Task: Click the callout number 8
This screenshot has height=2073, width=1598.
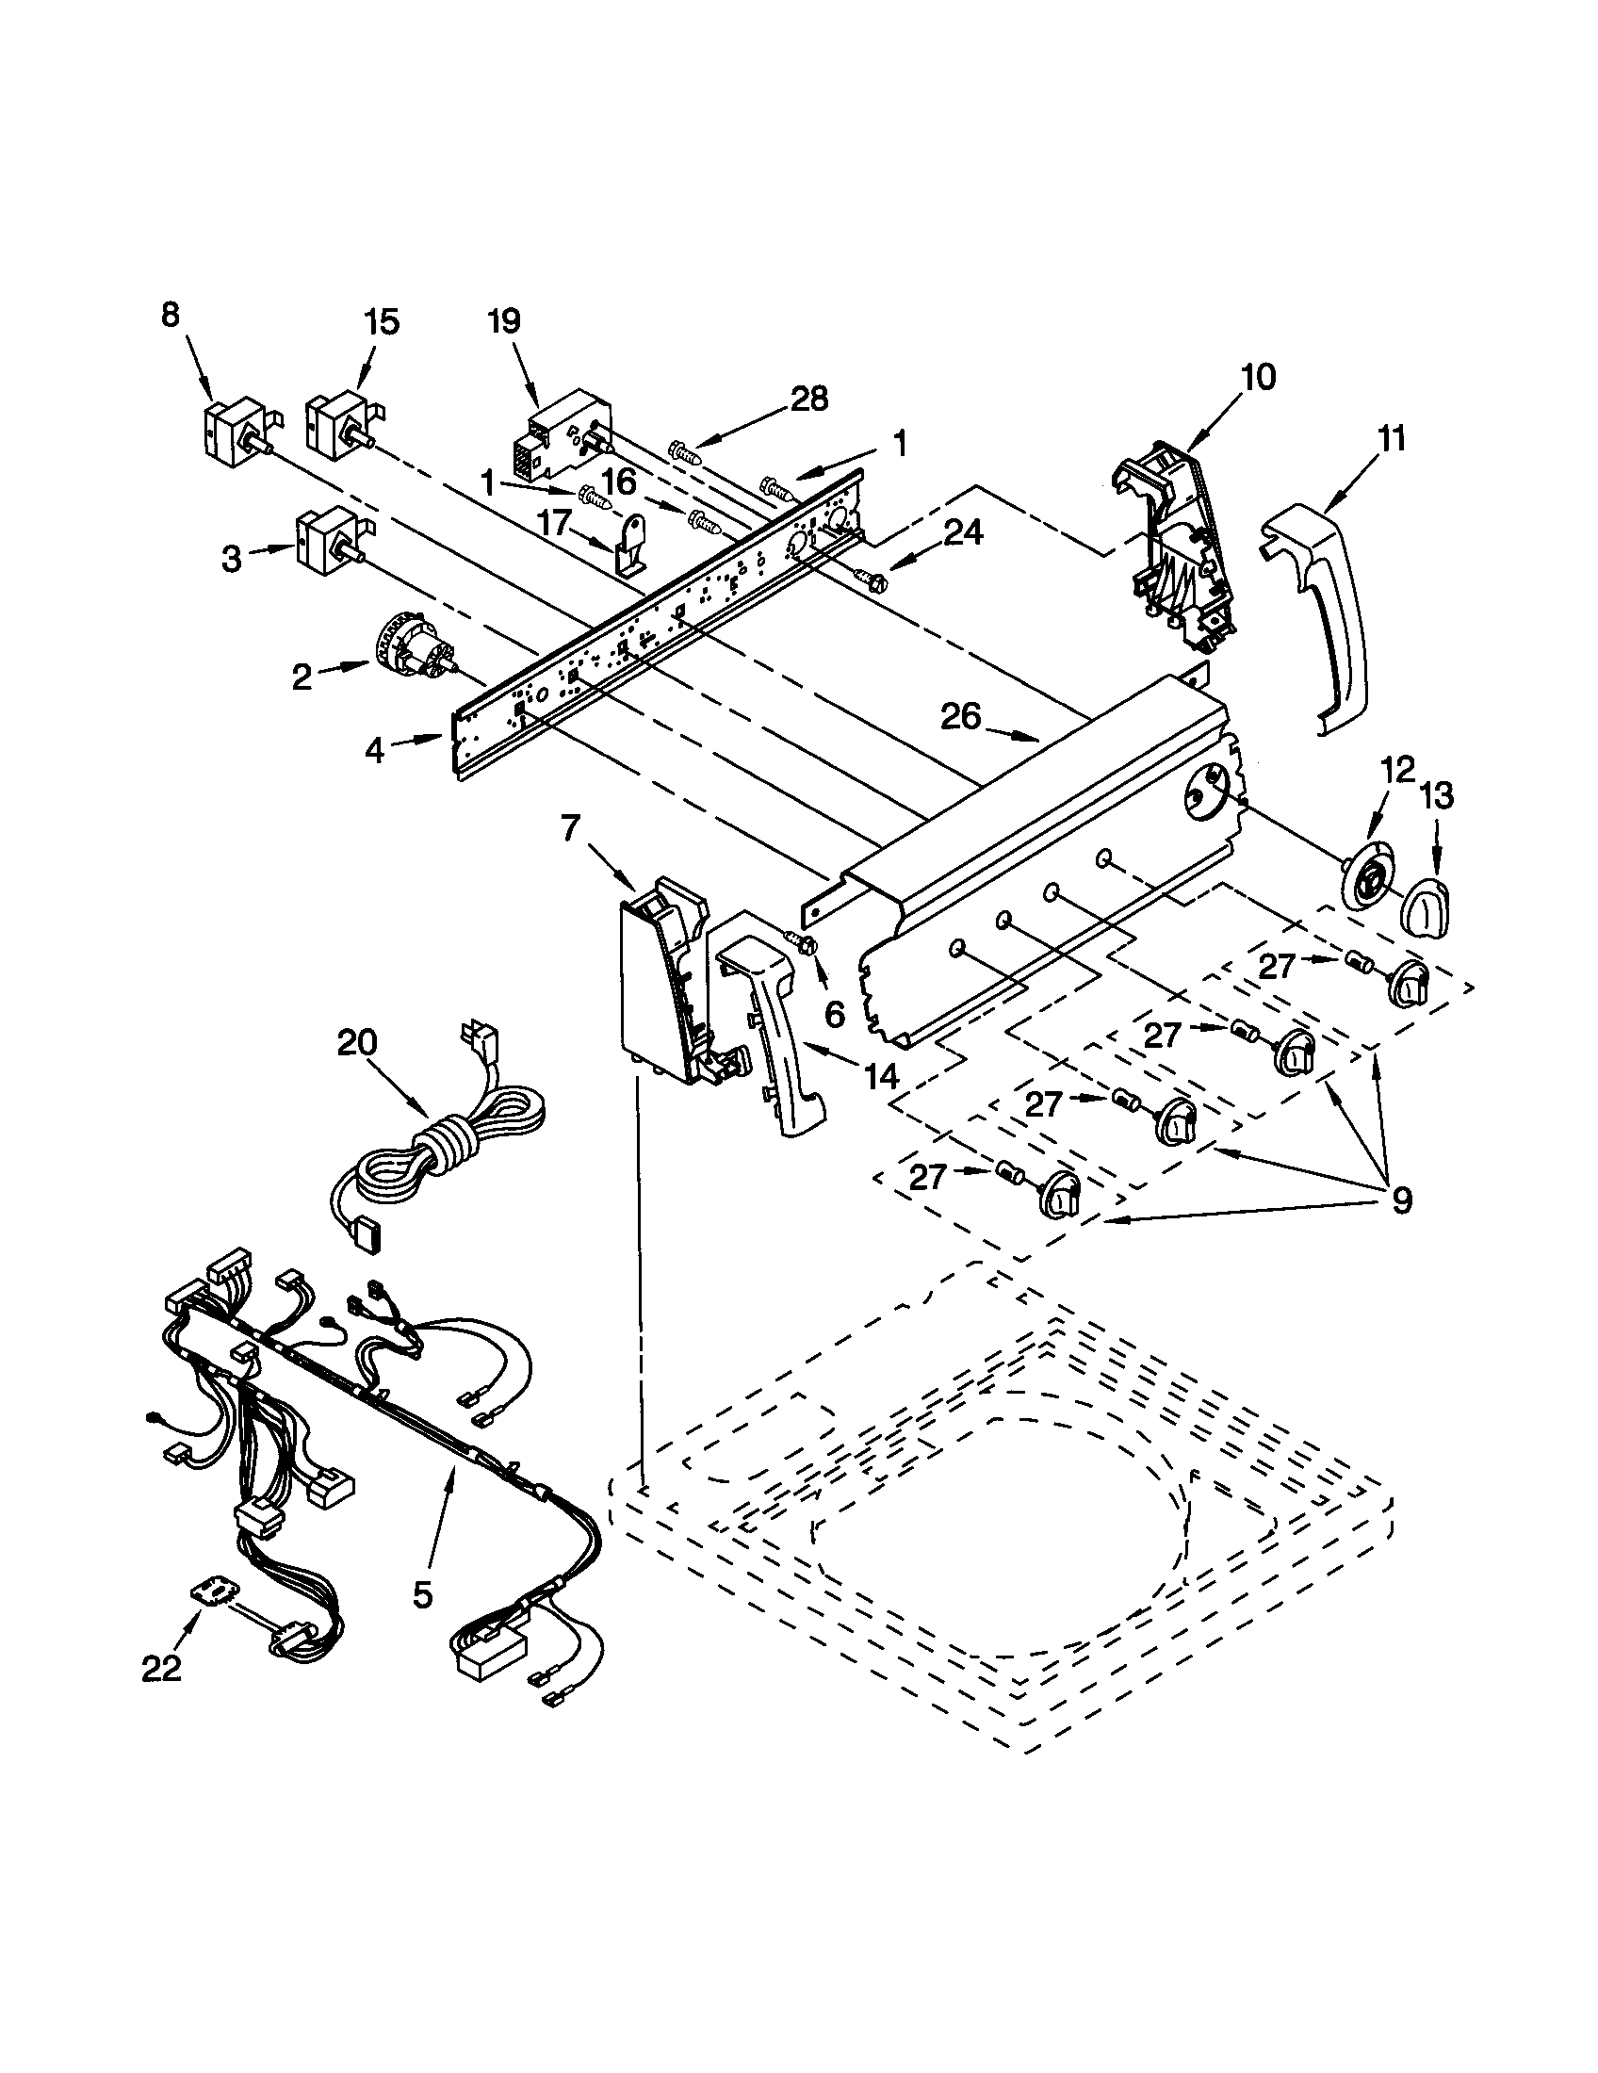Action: coord(170,315)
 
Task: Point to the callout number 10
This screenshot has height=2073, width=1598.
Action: coord(1256,378)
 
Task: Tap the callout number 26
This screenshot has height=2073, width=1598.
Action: coord(959,717)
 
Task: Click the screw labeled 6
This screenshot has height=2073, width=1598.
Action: coord(802,941)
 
